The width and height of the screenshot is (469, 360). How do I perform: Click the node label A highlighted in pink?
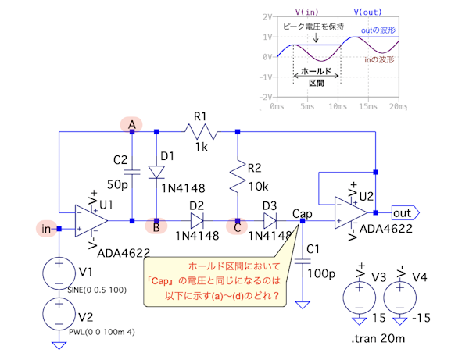click(131, 124)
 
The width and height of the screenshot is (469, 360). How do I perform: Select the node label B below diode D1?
click(156, 230)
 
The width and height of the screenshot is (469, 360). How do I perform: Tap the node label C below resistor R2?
click(236, 230)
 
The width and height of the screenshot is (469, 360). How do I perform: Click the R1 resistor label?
click(201, 117)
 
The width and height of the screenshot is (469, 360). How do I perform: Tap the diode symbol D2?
click(196, 220)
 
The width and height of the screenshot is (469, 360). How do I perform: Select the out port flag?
click(405, 212)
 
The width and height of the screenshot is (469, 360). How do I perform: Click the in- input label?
click(48, 229)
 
